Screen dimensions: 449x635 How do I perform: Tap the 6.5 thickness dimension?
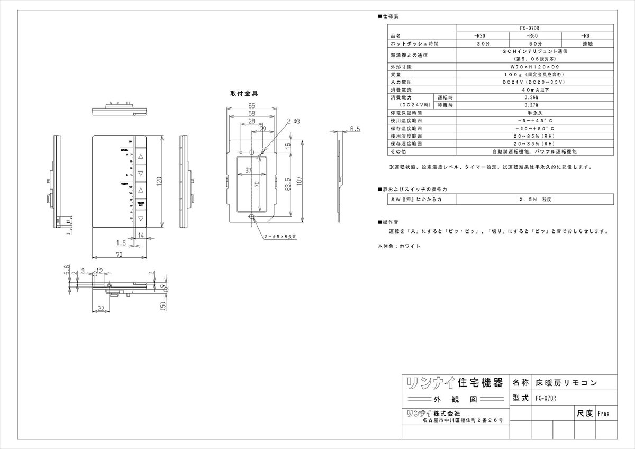[355, 129]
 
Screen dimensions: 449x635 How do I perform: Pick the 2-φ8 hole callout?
[294, 122]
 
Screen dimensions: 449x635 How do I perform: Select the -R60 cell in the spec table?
[535, 36]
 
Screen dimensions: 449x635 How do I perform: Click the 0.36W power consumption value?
[534, 98]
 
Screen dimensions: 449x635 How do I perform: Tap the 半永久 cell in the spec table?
[534, 113]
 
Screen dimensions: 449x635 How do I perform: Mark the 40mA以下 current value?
[534, 90]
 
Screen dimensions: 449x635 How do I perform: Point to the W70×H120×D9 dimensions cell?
[534, 67]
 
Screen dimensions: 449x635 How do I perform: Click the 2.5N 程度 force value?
[534, 200]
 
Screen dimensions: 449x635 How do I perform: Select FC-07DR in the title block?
[546, 398]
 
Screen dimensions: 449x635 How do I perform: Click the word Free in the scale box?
[603, 414]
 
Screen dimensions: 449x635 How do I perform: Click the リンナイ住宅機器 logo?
[453, 382]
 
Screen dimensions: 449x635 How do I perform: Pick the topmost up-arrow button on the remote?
[141, 157]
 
